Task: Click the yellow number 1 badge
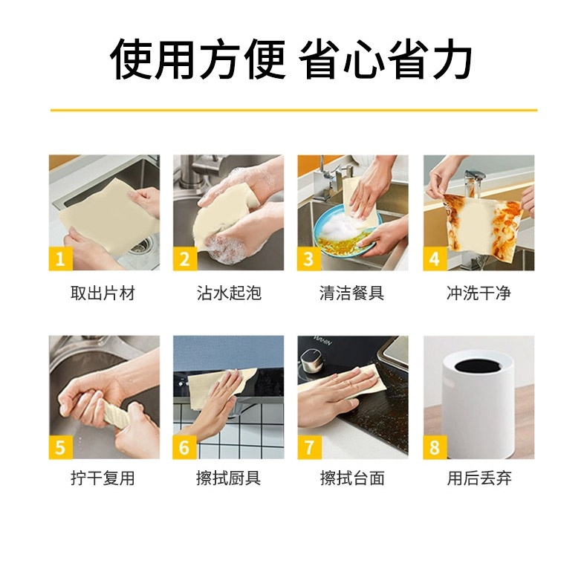coord(61,259)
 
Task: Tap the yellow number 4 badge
coord(435,259)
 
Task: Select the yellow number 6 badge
coord(184,447)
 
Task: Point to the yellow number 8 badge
coord(435,447)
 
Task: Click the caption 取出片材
coord(103,293)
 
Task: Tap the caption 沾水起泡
coord(229,293)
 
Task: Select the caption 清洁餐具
coord(352,293)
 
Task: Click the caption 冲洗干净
coord(479,293)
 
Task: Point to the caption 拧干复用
coord(103,478)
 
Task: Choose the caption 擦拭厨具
coord(229,478)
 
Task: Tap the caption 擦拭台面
coord(352,478)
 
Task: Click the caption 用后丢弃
coord(479,478)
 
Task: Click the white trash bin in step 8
coord(479,408)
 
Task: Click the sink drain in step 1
coord(140,245)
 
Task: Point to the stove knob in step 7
coord(311,361)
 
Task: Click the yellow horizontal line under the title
coord(294,111)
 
